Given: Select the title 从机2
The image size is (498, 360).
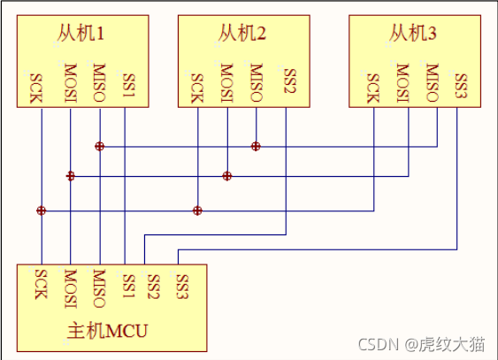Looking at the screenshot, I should tap(242, 35).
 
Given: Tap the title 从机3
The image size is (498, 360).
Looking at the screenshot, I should tap(413, 35).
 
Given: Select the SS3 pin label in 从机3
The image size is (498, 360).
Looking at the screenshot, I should tap(459, 87).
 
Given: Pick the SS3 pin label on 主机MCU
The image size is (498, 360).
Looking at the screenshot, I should tap(182, 285).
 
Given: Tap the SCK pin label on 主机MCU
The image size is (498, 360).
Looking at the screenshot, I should tap(41, 285).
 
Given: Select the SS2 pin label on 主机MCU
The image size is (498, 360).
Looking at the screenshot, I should tap(153, 285).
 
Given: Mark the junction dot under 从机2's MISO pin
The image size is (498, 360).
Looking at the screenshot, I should tap(256, 146).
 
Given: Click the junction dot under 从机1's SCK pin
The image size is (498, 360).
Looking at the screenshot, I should tap(41, 211).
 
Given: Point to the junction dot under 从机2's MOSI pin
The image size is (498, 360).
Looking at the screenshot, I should tap(226, 176).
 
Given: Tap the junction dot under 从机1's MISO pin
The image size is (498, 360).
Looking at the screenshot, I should tap(100, 146).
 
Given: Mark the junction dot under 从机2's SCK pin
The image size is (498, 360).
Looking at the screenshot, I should tap(197, 211).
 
